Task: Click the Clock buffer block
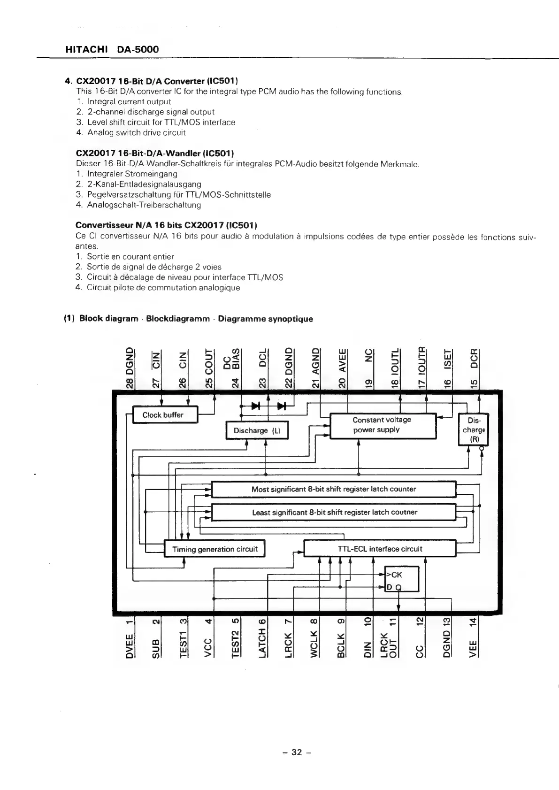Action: point(165,415)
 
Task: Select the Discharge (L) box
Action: point(257,430)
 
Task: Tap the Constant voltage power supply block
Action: point(383,425)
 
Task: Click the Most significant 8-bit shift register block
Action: point(334,489)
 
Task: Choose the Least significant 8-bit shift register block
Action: point(334,512)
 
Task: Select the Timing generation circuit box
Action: point(214,549)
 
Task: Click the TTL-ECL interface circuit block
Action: point(380,549)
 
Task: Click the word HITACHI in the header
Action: point(87,49)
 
